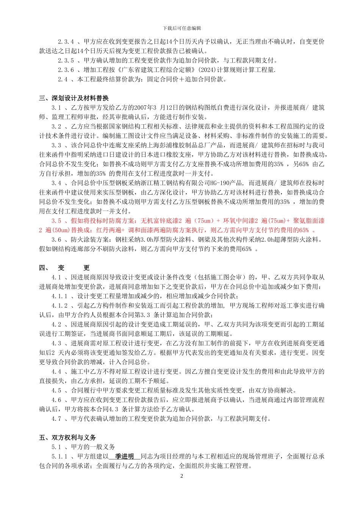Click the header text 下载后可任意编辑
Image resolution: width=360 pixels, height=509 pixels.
pyautogui.click(x=182, y=28)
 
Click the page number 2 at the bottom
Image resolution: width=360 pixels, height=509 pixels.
pyautogui.click(x=182, y=476)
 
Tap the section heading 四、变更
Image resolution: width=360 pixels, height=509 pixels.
pyautogui.click(x=64, y=268)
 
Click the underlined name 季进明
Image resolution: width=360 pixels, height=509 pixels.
pyautogui.click(x=124, y=456)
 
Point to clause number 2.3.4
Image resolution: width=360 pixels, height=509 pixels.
pyautogui.click(x=66, y=42)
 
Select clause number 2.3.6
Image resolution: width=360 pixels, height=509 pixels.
pyautogui.click(x=66, y=70)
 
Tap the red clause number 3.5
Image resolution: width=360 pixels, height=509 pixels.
pyautogui.click(x=56, y=221)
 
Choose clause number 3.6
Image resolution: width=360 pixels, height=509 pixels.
pyautogui.click(x=56, y=240)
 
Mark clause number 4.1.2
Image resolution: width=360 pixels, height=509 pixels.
pyautogui.click(x=59, y=306)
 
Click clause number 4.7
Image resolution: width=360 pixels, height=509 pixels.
pyautogui.click(x=56, y=418)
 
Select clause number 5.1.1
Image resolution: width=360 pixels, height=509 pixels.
pyautogui.click(x=59, y=456)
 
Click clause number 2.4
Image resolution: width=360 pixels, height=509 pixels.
pyautogui.click(x=63, y=80)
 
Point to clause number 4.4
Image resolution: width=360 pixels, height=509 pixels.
pyautogui.click(x=56, y=372)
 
